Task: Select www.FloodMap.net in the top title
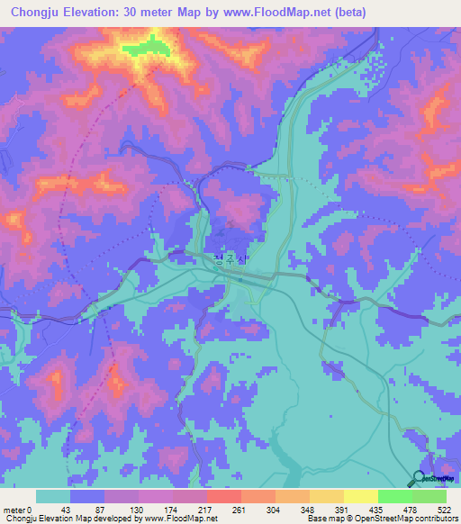[339, 13]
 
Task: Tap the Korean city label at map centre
[230, 262]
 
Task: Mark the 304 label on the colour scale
[276, 508]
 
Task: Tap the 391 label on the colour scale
[344, 508]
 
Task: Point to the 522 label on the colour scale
[446, 508]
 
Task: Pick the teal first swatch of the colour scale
[53, 496]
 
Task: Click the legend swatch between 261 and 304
[258, 496]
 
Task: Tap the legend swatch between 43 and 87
[87, 496]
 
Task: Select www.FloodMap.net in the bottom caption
[174, 519]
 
